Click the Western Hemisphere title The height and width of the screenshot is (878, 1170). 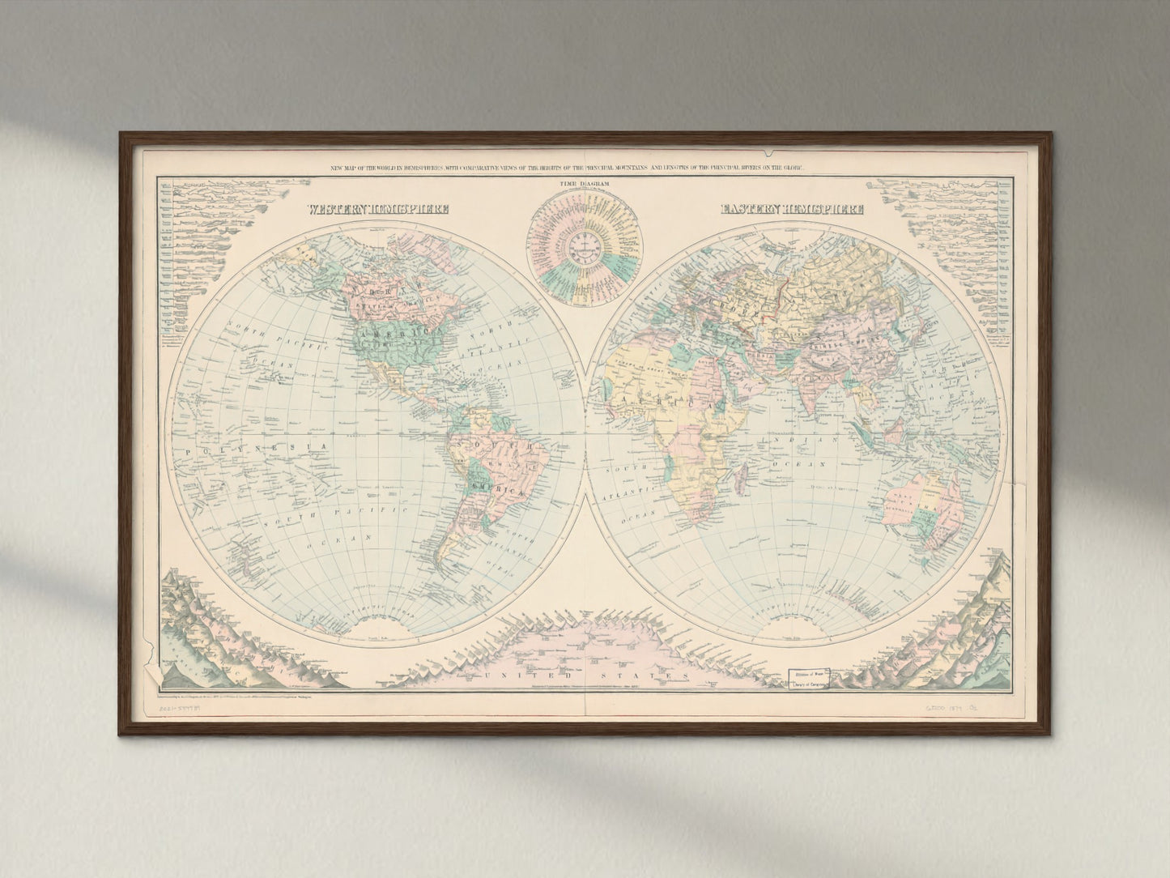(379, 209)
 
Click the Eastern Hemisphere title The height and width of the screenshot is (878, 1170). (792, 209)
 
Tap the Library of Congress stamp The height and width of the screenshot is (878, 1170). (806, 677)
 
